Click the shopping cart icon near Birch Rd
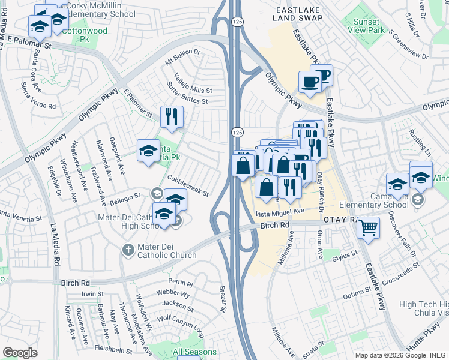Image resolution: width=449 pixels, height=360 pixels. click(367, 227)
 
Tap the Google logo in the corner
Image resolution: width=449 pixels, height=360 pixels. click(20, 353)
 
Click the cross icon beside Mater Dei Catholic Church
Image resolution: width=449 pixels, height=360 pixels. click(127, 250)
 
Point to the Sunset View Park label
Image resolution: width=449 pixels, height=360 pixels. click(364, 25)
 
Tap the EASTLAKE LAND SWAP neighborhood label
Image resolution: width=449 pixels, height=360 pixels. click(300, 14)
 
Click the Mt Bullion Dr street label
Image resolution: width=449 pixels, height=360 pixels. click(182, 60)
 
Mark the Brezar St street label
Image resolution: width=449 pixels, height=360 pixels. click(222, 299)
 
